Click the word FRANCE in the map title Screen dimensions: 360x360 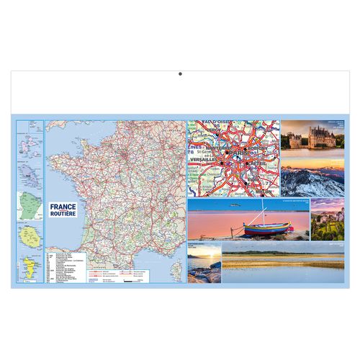pyautogui.click(x=63, y=206)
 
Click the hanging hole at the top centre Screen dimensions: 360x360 pyautogui.click(x=180, y=73)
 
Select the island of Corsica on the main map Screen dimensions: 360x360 pyautogui.click(x=177, y=271)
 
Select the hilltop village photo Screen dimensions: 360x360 pyautogui.click(x=328, y=220)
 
